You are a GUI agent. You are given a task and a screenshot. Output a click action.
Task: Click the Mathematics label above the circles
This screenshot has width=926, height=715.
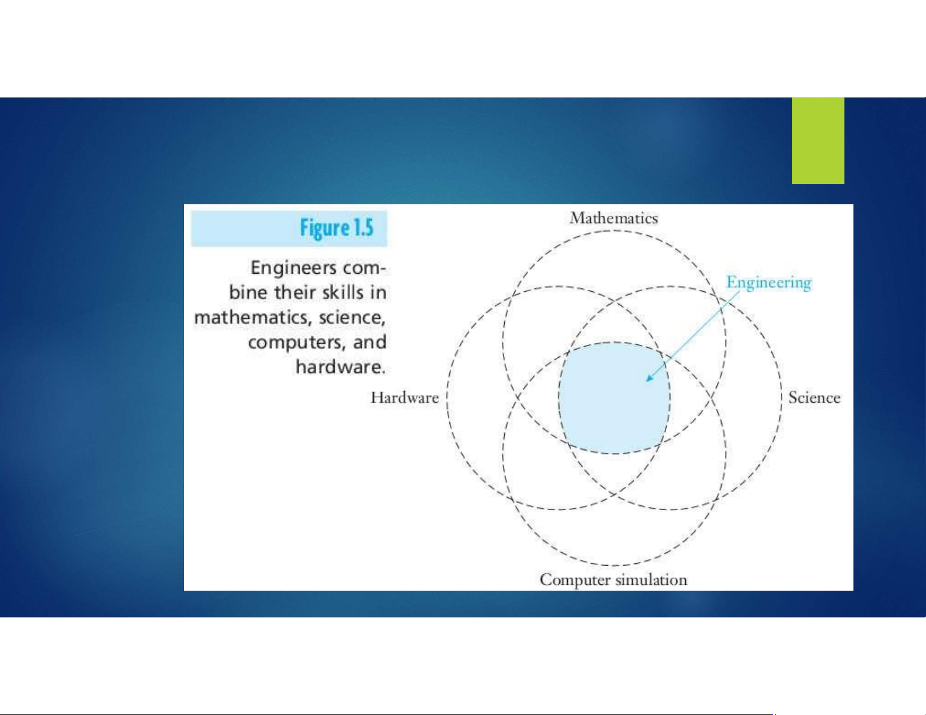click(x=613, y=218)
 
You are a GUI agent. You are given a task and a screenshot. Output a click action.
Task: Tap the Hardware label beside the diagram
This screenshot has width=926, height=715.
click(x=404, y=397)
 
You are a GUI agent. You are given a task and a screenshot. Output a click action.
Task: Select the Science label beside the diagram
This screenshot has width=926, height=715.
click(x=814, y=397)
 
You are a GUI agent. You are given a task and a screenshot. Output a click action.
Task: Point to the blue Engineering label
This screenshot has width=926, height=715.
click(x=769, y=283)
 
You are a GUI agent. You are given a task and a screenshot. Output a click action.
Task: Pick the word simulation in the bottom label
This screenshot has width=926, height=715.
click(x=651, y=580)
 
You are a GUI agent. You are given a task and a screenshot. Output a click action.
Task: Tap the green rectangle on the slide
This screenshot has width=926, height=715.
click(x=818, y=141)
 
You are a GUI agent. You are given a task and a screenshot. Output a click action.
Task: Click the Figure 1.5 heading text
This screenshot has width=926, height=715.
click(x=337, y=228)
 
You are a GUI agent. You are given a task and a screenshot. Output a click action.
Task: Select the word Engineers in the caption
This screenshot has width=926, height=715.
click(x=294, y=268)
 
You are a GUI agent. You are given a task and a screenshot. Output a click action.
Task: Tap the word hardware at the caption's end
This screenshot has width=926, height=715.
click(x=341, y=367)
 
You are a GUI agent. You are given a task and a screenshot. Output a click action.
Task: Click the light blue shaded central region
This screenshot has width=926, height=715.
click(x=614, y=398)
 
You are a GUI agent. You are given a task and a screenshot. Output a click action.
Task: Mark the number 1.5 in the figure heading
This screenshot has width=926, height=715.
click(x=362, y=228)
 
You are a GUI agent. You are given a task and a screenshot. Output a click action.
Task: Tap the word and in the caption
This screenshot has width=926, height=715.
click(x=369, y=342)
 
